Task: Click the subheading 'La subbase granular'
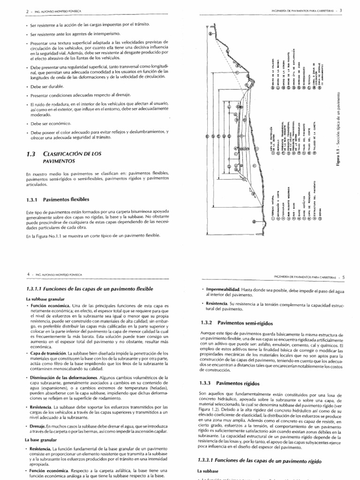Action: [45, 299]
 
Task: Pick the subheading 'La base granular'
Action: [41, 441]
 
